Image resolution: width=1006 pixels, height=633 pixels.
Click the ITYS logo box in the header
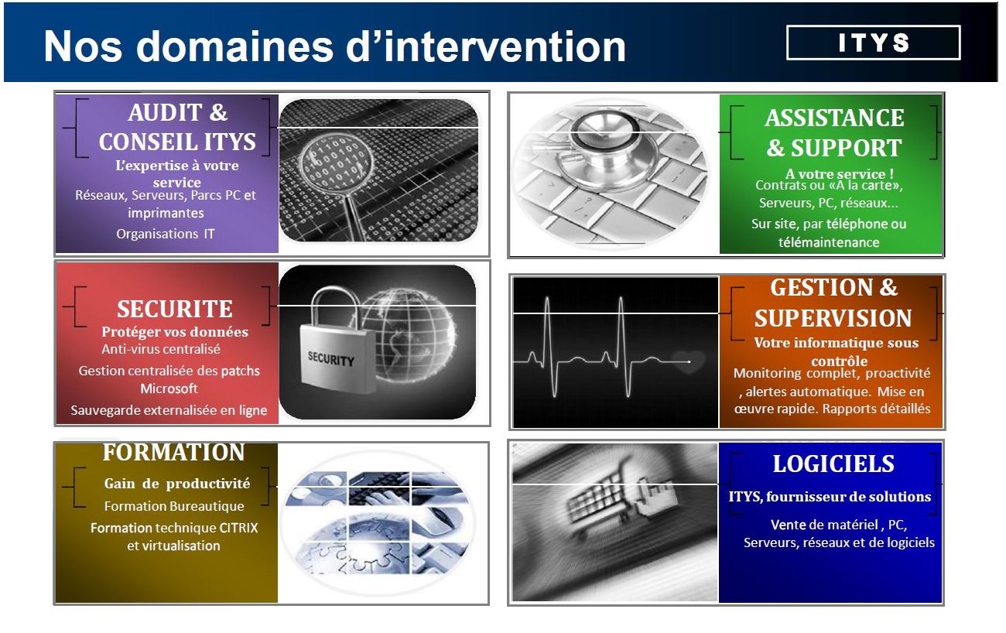tap(873, 43)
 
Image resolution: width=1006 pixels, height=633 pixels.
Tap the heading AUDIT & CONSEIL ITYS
tap(177, 127)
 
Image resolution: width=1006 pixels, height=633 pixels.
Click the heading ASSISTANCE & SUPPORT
tap(834, 132)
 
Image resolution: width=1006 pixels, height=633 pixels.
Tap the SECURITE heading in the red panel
tap(175, 309)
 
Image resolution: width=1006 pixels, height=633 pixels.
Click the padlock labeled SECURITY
tap(334, 341)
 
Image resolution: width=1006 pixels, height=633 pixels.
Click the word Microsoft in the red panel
tap(169, 388)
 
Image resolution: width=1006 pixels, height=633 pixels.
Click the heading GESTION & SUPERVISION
tap(833, 303)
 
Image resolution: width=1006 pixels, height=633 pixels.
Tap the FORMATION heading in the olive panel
tap(174, 452)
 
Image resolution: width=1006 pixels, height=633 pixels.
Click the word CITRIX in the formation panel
tap(238, 528)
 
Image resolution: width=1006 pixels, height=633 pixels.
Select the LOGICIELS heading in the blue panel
tap(833, 464)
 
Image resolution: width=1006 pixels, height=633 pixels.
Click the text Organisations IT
tap(166, 234)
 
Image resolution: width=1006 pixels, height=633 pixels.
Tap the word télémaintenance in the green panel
tap(829, 242)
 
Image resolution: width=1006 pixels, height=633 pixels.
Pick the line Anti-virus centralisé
tap(161, 349)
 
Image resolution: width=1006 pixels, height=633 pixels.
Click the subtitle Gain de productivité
tap(177, 484)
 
